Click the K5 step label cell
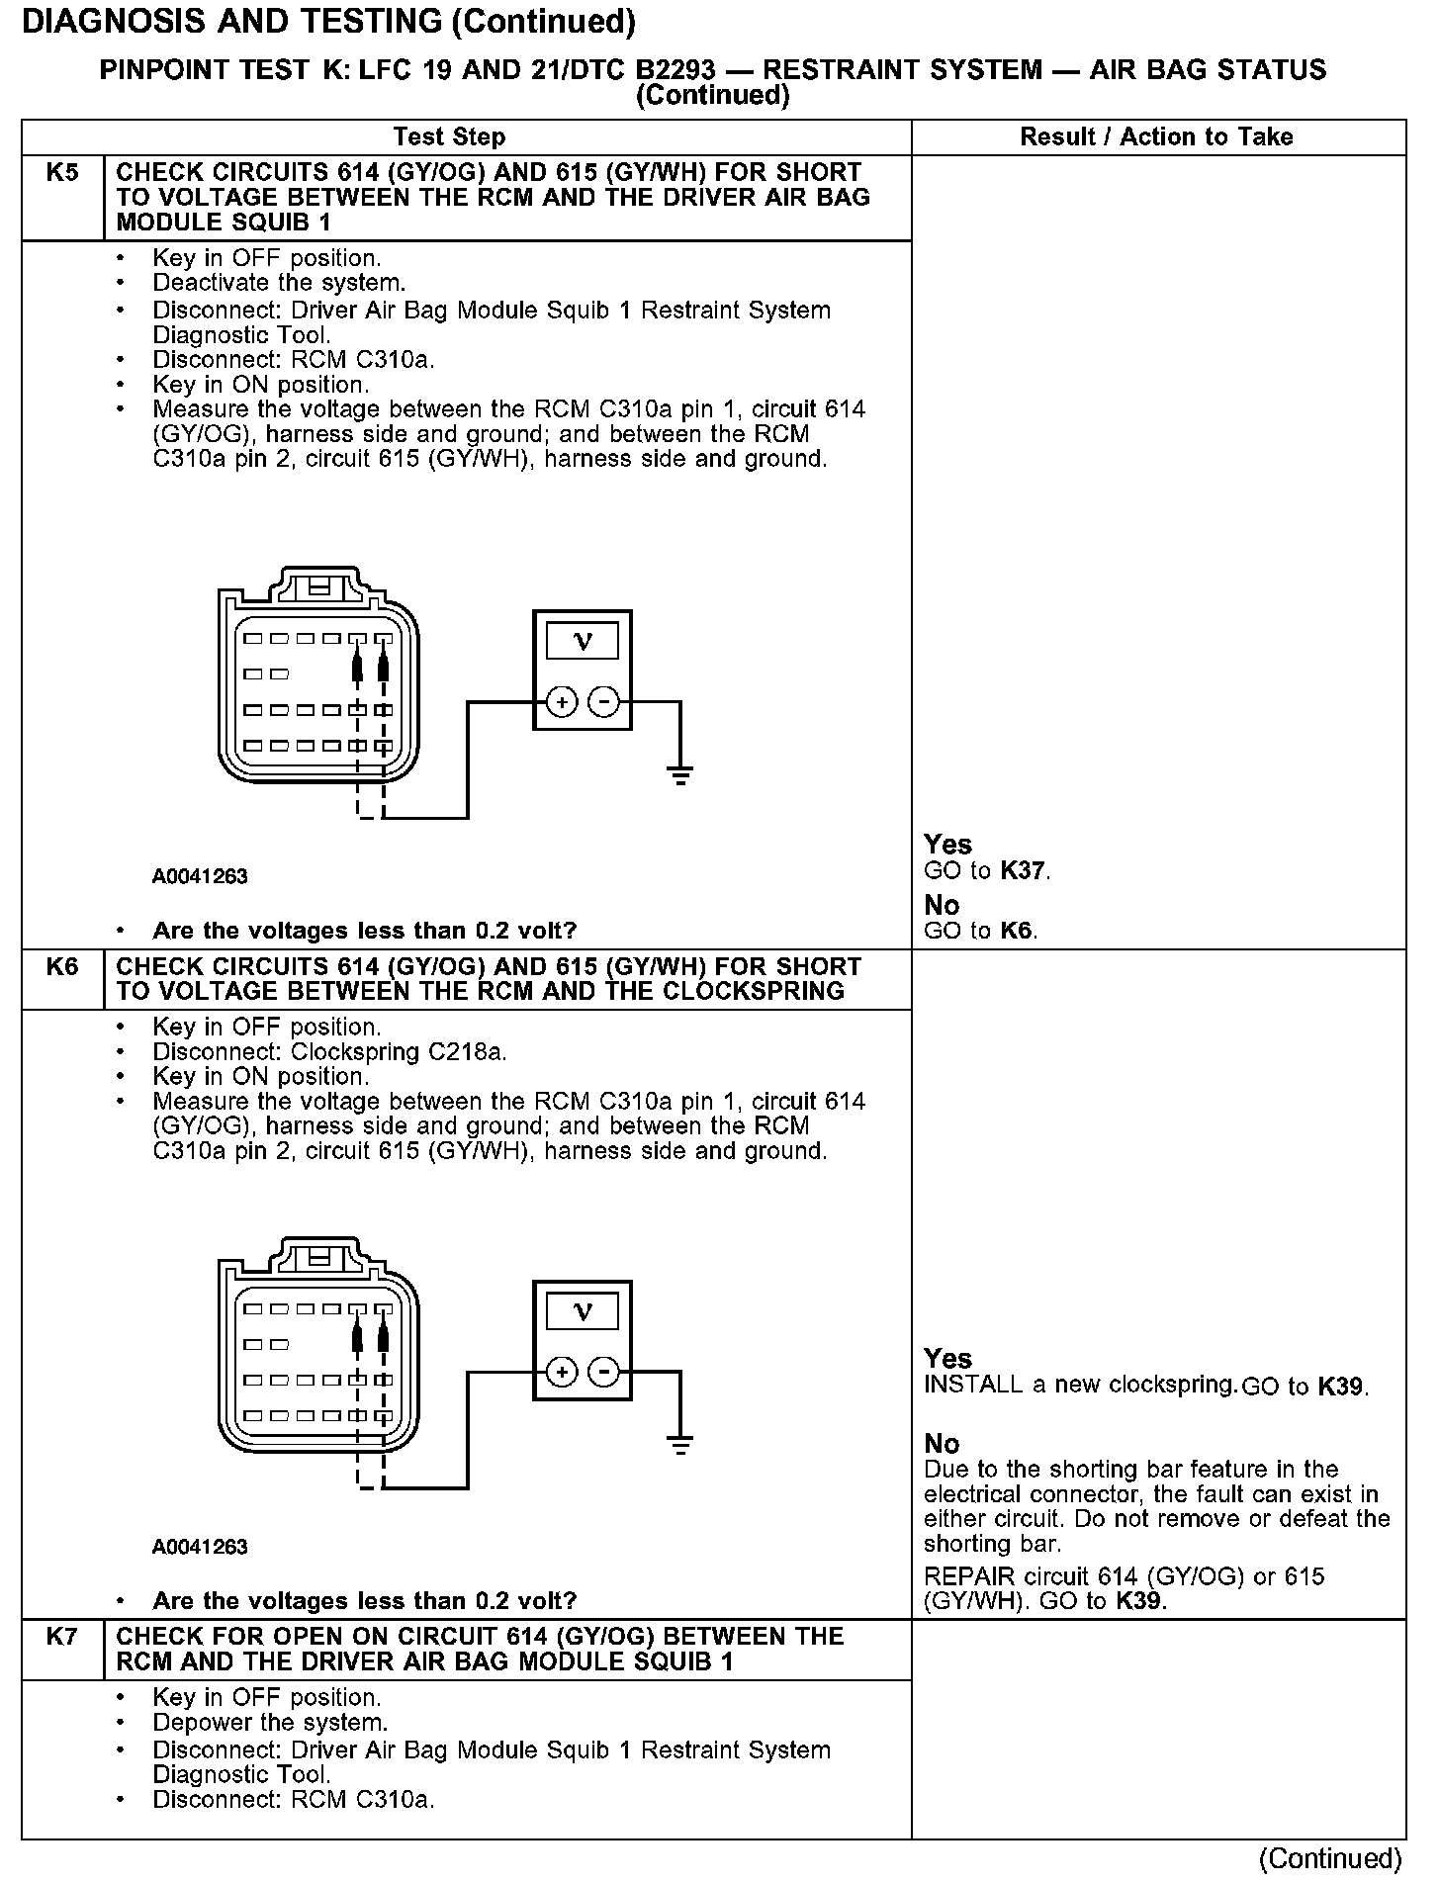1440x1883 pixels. coord(62,173)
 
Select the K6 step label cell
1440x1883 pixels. coord(62,966)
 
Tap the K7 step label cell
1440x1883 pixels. coord(62,1637)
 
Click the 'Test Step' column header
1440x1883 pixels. coord(449,136)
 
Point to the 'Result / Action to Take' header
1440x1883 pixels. coord(1156,136)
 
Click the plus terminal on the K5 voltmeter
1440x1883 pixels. coord(561,703)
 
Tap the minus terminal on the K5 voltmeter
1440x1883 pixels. coord(603,703)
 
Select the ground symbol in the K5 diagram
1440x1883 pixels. coord(680,773)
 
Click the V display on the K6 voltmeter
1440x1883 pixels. coord(583,1312)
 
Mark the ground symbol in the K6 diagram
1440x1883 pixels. coord(680,1444)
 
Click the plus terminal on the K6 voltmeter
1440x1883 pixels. coord(561,1373)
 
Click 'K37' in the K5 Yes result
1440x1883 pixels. coord(1023,871)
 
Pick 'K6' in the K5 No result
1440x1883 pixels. coord(1017,931)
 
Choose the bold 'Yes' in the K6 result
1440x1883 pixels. coord(947,1358)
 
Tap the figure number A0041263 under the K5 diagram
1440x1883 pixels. coord(200,876)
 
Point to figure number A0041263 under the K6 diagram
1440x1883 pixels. coord(200,1547)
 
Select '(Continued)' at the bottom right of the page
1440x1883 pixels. coord(1330,1859)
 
